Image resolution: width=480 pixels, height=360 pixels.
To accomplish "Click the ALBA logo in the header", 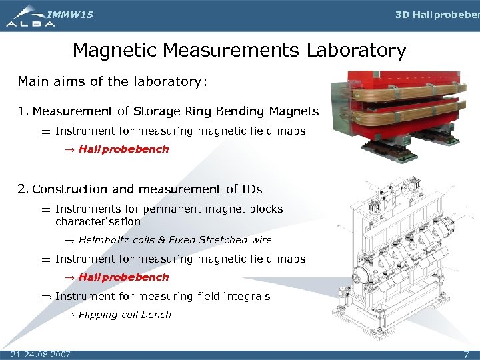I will [30, 17].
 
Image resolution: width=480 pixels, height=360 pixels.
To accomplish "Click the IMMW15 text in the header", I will [70, 14].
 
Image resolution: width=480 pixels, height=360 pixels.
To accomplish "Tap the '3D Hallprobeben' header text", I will [437, 15].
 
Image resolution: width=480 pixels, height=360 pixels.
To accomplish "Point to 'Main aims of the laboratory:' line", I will [113, 81].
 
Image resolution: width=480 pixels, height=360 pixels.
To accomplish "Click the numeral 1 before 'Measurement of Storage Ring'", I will [22, 111].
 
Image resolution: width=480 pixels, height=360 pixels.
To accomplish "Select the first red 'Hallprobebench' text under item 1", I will [123, 149].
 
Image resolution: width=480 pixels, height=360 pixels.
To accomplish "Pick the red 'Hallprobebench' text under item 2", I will [123, 277].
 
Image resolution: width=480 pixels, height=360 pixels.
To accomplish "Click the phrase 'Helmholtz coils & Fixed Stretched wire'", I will [175, 240].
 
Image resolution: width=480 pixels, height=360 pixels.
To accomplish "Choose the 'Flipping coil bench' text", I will [125, 315].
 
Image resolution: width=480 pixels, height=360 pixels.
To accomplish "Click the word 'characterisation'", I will [98, 221].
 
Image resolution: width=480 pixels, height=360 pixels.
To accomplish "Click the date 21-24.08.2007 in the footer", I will [41, 353].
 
